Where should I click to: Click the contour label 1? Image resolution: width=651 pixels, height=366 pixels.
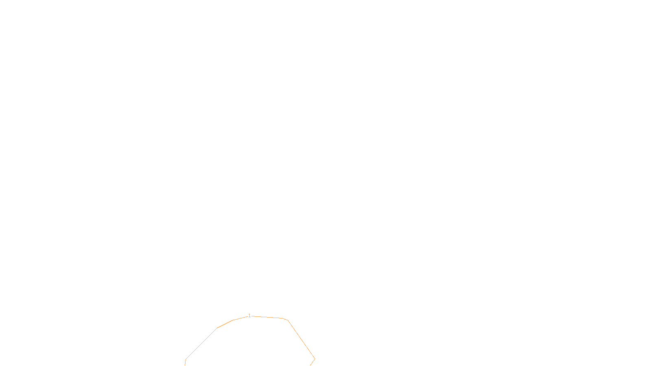click(249, 316)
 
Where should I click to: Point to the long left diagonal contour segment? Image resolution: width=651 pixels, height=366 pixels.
click(201, 344)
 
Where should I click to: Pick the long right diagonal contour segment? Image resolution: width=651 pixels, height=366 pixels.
click(301, 340)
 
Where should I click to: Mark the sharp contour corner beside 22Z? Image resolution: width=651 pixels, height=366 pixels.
click(314, 359)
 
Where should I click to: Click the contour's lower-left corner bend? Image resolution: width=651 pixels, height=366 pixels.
click(186, 359)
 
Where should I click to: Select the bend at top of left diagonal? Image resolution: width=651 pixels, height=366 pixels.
click(217, 328)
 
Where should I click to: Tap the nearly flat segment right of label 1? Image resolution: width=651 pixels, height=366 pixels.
click(267, 317)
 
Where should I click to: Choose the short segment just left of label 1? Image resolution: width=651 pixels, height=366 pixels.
click(240, 318)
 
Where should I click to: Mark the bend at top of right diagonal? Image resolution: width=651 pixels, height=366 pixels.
click(288, 320)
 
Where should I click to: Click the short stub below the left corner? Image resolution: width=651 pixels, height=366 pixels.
click(185, 363)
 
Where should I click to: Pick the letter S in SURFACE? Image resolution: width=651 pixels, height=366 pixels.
click(317, 359)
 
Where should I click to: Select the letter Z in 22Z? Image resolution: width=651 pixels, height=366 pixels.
click(312, 359)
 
